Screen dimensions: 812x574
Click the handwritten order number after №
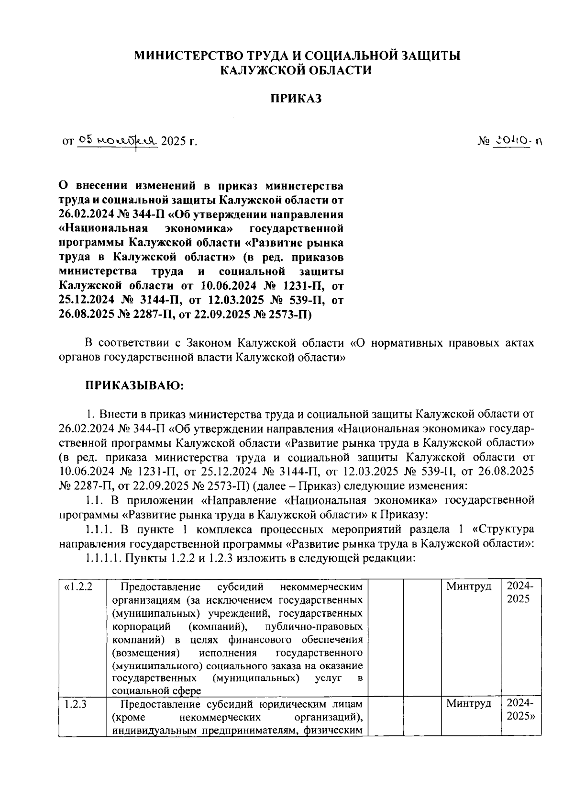tap(518, 141)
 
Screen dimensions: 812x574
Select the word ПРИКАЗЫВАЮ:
tap(134, 385)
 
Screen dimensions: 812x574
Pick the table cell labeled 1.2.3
tap(75, 704)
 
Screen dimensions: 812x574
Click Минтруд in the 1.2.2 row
tap(469, 586)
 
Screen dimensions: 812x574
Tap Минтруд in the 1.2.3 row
tap(469, 704)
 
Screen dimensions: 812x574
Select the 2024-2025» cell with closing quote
tap(520, 710)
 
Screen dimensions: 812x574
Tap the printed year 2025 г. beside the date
tap(179, 141)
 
